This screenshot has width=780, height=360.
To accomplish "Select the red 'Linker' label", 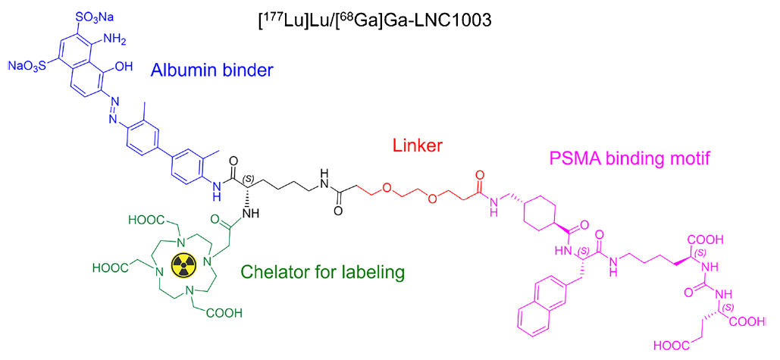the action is pos(418,146).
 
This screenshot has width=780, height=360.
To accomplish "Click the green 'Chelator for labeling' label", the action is pos(324,272).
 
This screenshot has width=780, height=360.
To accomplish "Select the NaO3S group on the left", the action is pos(30,65).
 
